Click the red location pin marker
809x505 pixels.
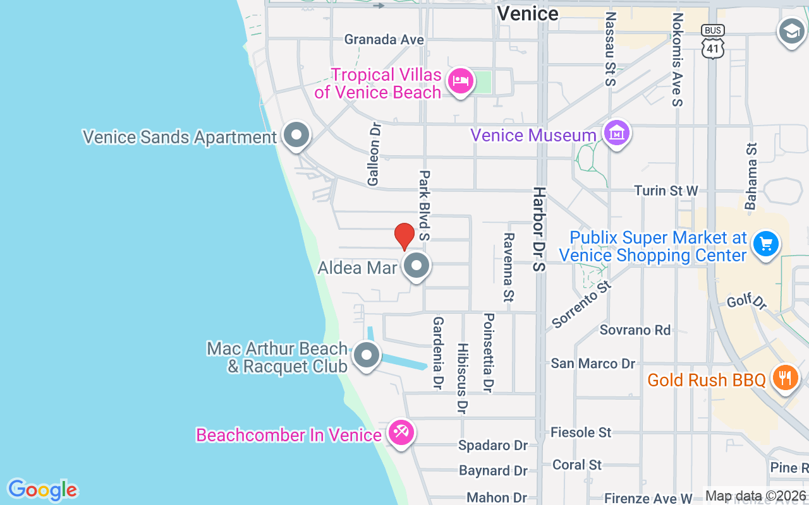click(x=404, y=236)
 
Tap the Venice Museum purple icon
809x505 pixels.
click(x=616, y=133)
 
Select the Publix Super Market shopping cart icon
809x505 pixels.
click(x=766, y=244)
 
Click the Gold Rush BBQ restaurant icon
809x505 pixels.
click(x=785, y=378)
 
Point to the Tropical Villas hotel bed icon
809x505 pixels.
click(x=461, y=81)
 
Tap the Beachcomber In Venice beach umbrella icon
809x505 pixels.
click(x=401, y=433)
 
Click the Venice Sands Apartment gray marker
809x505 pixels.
click(x=296, y=135)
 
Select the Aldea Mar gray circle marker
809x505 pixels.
click(x=417, y=266)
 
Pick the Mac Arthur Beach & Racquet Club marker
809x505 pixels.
click(x=366, y=355)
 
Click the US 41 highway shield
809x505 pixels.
click(x=712, y=42)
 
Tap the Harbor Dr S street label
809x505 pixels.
click(x=538, y=229)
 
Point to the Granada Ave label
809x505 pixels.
click(x=384, y=39)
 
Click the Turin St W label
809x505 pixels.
click(x=666, y=191)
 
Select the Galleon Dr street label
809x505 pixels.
click(x=374, y=154)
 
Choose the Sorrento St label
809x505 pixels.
click(x=582, y=304)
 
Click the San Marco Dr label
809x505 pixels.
click(x=593, y=364)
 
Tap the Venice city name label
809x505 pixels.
click(x=527, y=13)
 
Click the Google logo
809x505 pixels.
click(x=42, y=490)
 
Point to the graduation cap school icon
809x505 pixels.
click(x=791, y=30)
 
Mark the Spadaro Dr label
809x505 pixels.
click(x=493, y=446)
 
